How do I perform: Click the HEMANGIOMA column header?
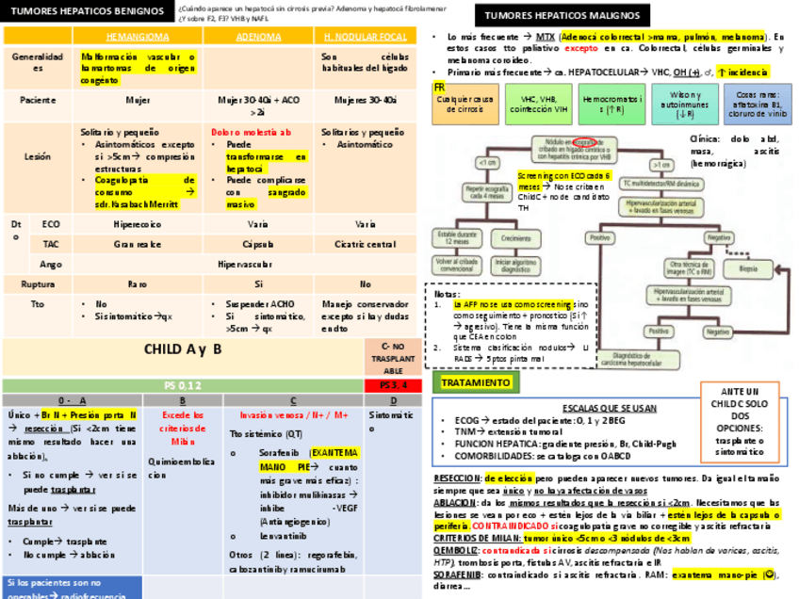[138, 37]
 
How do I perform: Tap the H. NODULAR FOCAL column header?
[366, 37]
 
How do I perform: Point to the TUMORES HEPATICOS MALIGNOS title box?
[562, 15]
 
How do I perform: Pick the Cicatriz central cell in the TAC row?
[366, 244]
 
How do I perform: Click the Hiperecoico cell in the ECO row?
[138, 224]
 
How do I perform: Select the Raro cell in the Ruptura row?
[138, 283]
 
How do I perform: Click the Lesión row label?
[38, 157]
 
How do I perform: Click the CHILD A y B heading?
[183, 349]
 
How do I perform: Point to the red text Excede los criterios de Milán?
[183, 428]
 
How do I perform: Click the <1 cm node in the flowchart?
[487, 163]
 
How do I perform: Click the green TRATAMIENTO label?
[476, 382]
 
